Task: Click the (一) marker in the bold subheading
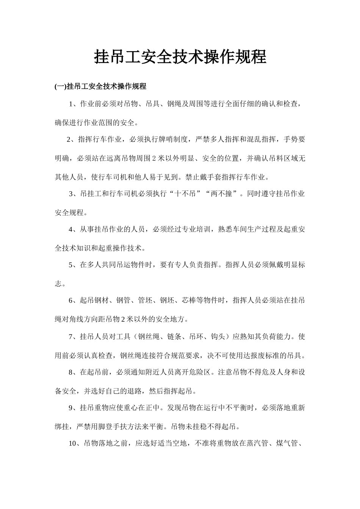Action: (60, 86)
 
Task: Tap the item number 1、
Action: (74, 104)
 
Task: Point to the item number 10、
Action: (75, 443)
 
